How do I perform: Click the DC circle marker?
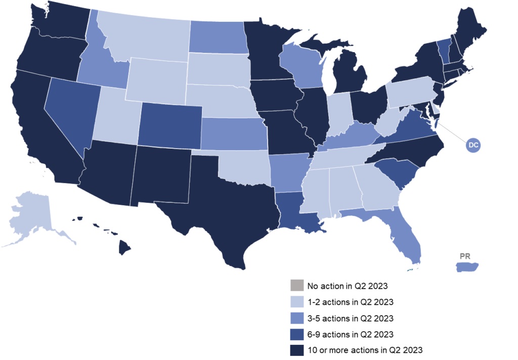473,145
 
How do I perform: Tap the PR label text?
465,256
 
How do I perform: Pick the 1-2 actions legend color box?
296,302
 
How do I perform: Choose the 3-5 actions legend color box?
296,318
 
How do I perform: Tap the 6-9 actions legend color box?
296,334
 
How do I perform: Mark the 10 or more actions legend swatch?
296,349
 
